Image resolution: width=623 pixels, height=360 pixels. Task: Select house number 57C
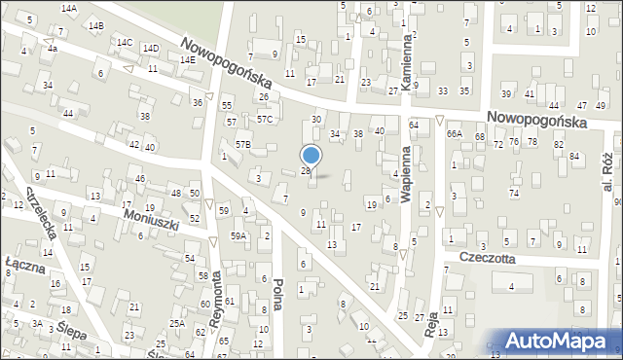point(265,120)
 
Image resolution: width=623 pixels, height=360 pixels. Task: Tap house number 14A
point(68,8)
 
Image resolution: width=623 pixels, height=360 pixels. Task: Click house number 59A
point(238,235)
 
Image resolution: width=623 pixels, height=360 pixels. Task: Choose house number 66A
point(454,134)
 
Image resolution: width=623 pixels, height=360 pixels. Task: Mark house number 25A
point(176,323)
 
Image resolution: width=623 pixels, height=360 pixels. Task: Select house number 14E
point(187,60)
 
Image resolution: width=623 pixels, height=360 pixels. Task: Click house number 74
point(513,193)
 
